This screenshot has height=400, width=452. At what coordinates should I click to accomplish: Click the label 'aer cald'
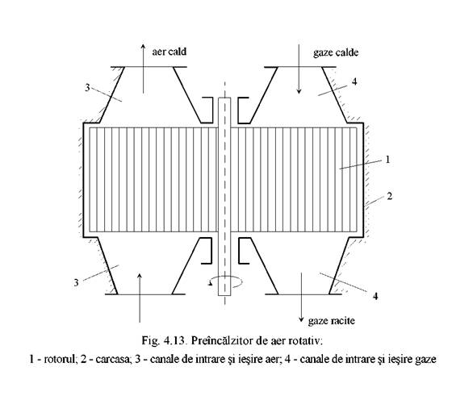169,52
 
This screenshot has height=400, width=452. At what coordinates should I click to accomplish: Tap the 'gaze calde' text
336,52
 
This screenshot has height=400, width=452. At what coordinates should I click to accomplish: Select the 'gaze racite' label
331,320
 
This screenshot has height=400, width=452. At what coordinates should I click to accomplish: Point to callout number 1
387,159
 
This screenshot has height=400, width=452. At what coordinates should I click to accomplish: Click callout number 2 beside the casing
389,196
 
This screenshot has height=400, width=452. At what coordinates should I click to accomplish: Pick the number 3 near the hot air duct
87,88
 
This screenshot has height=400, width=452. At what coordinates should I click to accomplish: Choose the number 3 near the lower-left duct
76,282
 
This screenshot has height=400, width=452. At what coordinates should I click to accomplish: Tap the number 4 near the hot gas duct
354,81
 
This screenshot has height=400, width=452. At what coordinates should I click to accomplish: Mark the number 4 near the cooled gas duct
375,296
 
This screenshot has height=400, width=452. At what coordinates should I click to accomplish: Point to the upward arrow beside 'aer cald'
143,69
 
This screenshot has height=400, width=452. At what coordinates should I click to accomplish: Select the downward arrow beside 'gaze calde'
299,69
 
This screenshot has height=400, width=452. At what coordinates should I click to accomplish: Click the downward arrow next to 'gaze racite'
301,297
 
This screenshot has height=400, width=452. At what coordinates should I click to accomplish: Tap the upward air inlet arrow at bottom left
140,298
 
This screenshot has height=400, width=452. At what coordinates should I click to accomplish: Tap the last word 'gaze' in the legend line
425,360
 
